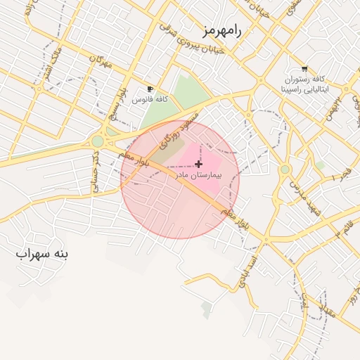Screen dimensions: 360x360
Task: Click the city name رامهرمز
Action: [x=221, y=32]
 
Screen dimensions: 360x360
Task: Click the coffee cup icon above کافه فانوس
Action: [x=149, y=89]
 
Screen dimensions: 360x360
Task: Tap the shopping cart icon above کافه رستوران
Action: [x=304, y=69]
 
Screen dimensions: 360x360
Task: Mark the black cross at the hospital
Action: [x=198, y=163]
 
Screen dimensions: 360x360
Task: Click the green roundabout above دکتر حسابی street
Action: [x=97, y=141]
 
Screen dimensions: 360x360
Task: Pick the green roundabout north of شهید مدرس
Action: [x=285, y=169]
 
